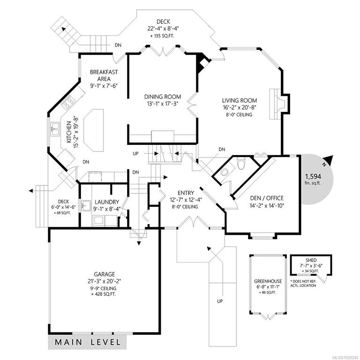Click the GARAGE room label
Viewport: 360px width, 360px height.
[104, 274]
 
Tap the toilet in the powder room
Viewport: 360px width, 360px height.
[241, 164]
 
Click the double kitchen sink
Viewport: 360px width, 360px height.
[55, 129]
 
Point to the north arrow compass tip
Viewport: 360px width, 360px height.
[332, 156]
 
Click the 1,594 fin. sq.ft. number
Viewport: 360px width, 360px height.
[313, 176]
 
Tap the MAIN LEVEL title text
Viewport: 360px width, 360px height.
[88, 342]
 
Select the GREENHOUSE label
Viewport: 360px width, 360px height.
[268, 281]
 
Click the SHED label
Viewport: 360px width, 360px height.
[311, 260]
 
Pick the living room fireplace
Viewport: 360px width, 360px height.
[278, 104]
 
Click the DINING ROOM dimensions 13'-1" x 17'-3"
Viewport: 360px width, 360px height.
[163, 104]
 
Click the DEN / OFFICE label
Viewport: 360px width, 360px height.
[267, 198]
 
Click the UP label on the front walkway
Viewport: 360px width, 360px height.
[220, 301]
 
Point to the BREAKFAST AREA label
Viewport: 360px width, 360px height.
[104, 75]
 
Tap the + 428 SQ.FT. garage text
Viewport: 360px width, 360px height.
[104, 294]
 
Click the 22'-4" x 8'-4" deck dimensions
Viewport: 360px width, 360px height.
[163, 29]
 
